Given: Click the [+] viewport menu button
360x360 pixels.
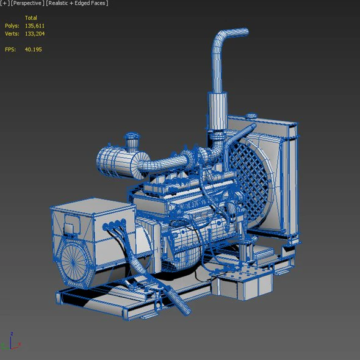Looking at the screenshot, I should [5, 4].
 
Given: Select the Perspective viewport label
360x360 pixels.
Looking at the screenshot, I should [26, 4].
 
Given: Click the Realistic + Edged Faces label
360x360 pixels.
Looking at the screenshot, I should [77, 4].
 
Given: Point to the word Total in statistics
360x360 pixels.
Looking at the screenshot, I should [31, 18].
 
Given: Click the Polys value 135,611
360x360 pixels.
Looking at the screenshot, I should [34, 26].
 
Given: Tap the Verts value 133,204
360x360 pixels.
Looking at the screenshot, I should [34, 34].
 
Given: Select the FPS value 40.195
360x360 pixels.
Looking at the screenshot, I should [33, 49].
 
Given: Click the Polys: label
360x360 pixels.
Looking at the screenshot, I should [12, 26].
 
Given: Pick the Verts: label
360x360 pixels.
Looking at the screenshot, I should [12, 34].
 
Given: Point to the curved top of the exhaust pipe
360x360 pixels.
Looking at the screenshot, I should [229, 34].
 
